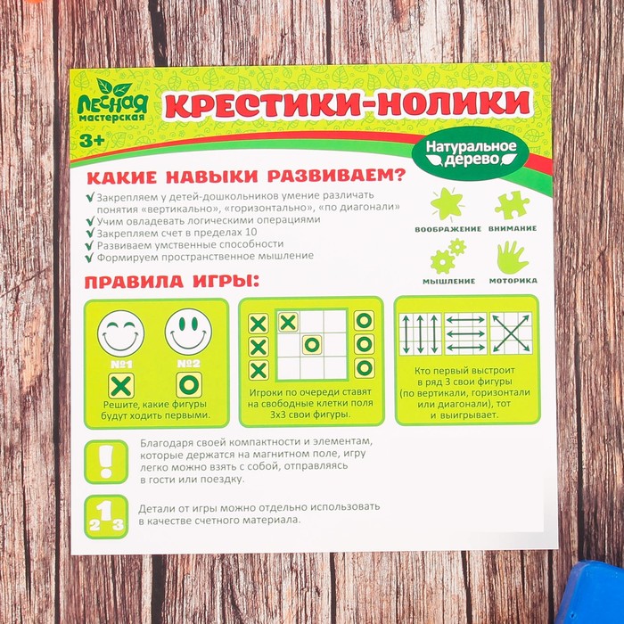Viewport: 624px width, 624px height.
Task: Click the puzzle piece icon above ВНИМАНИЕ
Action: pos(511,204)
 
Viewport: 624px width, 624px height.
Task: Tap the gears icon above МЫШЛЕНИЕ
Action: pos(446,258)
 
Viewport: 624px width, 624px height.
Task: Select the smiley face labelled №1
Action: pos(120,332)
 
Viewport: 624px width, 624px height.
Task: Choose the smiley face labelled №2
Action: pos(187,332)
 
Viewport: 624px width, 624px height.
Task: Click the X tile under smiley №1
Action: pos(120,386)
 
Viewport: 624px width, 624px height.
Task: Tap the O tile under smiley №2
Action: pos(188,386)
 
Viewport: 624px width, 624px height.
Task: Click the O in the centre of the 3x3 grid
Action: pos(311,345)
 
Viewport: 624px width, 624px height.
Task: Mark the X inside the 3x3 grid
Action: pos(288,322)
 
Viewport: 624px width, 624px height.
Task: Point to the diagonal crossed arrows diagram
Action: pos(510,333)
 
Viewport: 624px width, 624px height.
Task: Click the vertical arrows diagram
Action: pos(419,333)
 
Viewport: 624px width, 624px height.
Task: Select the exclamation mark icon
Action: pos(105,460)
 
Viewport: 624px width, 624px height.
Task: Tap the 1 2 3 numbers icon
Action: pos(105,516)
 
